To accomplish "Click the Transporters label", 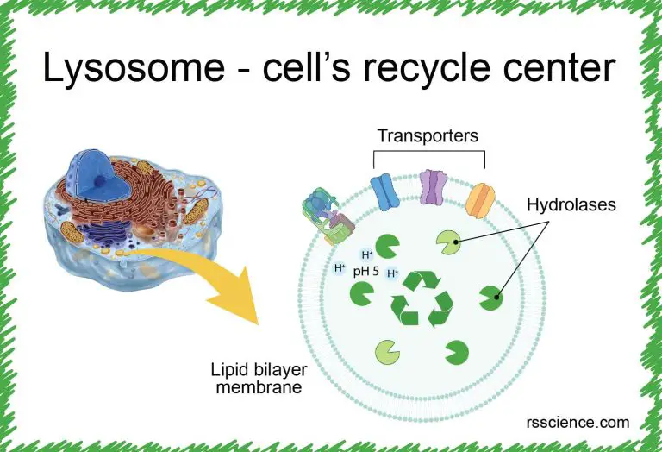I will (x=428, y=135).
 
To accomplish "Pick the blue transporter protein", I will (x=384, y=191).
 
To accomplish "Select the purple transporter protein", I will (x=432, y=186).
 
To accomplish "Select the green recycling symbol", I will (x=422, y=298).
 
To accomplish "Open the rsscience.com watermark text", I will (x=577, y=423).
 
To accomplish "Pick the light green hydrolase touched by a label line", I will (x=449, y=244).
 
